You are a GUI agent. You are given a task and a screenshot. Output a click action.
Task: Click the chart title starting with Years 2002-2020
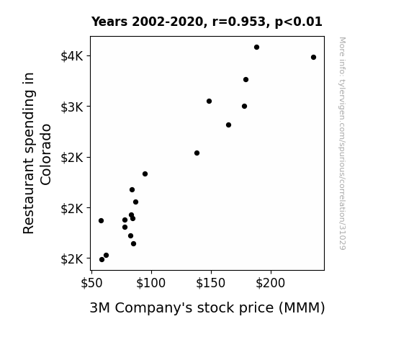point(207,22)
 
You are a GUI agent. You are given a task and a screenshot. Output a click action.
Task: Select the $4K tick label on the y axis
point(72,56)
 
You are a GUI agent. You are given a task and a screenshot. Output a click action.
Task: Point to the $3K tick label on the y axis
point(72,107)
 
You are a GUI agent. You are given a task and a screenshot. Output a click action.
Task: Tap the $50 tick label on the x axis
point(91,283)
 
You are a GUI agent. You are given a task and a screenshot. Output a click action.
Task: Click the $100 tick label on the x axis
point(151,283)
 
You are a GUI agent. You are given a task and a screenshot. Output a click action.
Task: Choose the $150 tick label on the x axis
point(211,283)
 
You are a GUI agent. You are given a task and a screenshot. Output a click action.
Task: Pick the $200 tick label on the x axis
point(271,283)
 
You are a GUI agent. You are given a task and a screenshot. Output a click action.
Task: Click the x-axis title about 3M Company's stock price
point(207,308)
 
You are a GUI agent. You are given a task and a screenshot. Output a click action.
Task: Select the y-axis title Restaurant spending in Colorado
point(37,153)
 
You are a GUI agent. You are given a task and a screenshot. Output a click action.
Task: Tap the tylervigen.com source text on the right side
point(342,143)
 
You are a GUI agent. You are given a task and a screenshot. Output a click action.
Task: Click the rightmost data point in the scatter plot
point(313,58)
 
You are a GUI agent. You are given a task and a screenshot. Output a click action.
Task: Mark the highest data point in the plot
point(256,48)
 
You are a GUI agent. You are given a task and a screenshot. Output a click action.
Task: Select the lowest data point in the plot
point(102,260)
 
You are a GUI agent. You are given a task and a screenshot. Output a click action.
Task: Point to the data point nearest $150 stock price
point(209,101)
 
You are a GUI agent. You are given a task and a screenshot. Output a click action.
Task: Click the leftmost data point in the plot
point(101,220)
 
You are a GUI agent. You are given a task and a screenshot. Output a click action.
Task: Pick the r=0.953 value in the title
point(239,22)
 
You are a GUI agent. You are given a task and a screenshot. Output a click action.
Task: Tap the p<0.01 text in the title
point(299,22)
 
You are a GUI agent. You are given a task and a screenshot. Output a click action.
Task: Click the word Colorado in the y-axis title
point(45,155)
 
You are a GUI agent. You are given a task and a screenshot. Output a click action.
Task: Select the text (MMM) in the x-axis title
point(302,308)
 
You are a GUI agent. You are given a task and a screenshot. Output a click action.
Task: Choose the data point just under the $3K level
point(245,106)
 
